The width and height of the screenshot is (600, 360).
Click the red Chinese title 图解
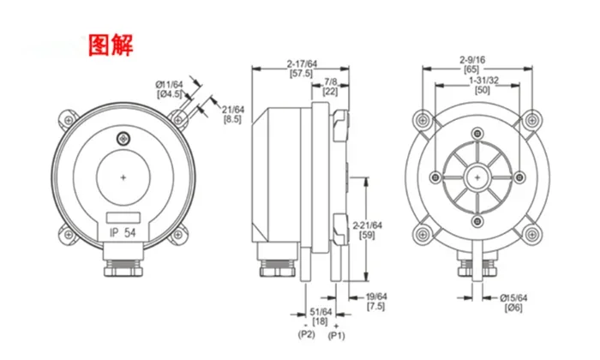(x=111, y=45)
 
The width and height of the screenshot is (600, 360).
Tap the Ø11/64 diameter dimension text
(x=169, y=84)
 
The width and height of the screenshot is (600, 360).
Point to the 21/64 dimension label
(x=233, y=109)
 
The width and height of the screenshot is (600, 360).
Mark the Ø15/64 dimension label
(x=514, y=297)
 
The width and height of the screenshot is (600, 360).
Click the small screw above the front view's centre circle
(x=126, y=138)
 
